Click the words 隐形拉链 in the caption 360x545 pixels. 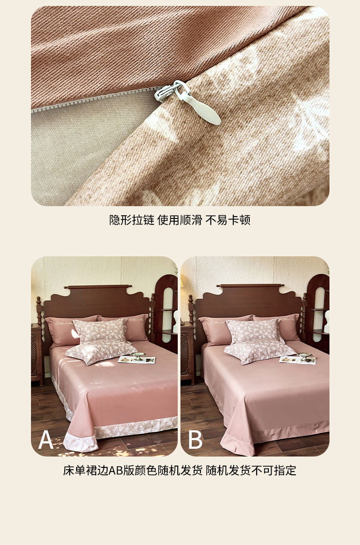coord(132,220)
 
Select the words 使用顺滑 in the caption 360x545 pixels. coord(180,220)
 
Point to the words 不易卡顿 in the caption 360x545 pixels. coord(228,220)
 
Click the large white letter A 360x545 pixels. coord(46,440)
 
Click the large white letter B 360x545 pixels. coord(195,440)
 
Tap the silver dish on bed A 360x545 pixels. coord(138,356)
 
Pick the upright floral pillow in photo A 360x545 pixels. coord(100,331)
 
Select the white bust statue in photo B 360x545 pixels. coord(326,322)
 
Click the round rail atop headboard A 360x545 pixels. coord(98,287)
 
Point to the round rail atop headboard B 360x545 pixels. coord(250,285)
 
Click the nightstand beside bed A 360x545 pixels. coord(36,354)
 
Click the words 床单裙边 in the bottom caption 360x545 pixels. coord(86,471)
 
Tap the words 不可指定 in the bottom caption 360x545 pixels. coord(274,471)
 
